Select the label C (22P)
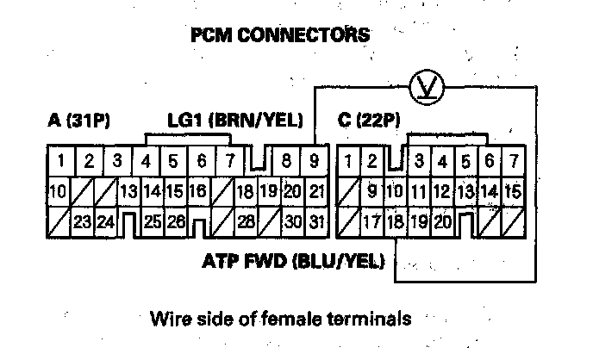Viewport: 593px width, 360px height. click(370, 120)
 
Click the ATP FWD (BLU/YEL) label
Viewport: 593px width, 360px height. click(294, 260)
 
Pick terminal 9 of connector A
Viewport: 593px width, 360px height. click(314, 160)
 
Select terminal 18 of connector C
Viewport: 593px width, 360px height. click(396, 222)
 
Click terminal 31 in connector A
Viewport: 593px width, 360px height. click(316, 222)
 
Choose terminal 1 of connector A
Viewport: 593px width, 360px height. click(61, 160)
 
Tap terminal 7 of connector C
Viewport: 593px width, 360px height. click(514, 160)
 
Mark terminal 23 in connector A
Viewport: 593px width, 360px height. click(83, 222)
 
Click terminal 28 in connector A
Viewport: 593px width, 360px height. click(246, 222)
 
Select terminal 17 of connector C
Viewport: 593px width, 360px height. click(372, 222)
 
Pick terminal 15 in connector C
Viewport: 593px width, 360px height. click(513, 191)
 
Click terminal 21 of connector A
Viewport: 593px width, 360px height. click(316, 191)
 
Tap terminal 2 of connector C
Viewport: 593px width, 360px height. click(372, 160)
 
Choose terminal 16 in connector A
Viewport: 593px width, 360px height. click(197, 191)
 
